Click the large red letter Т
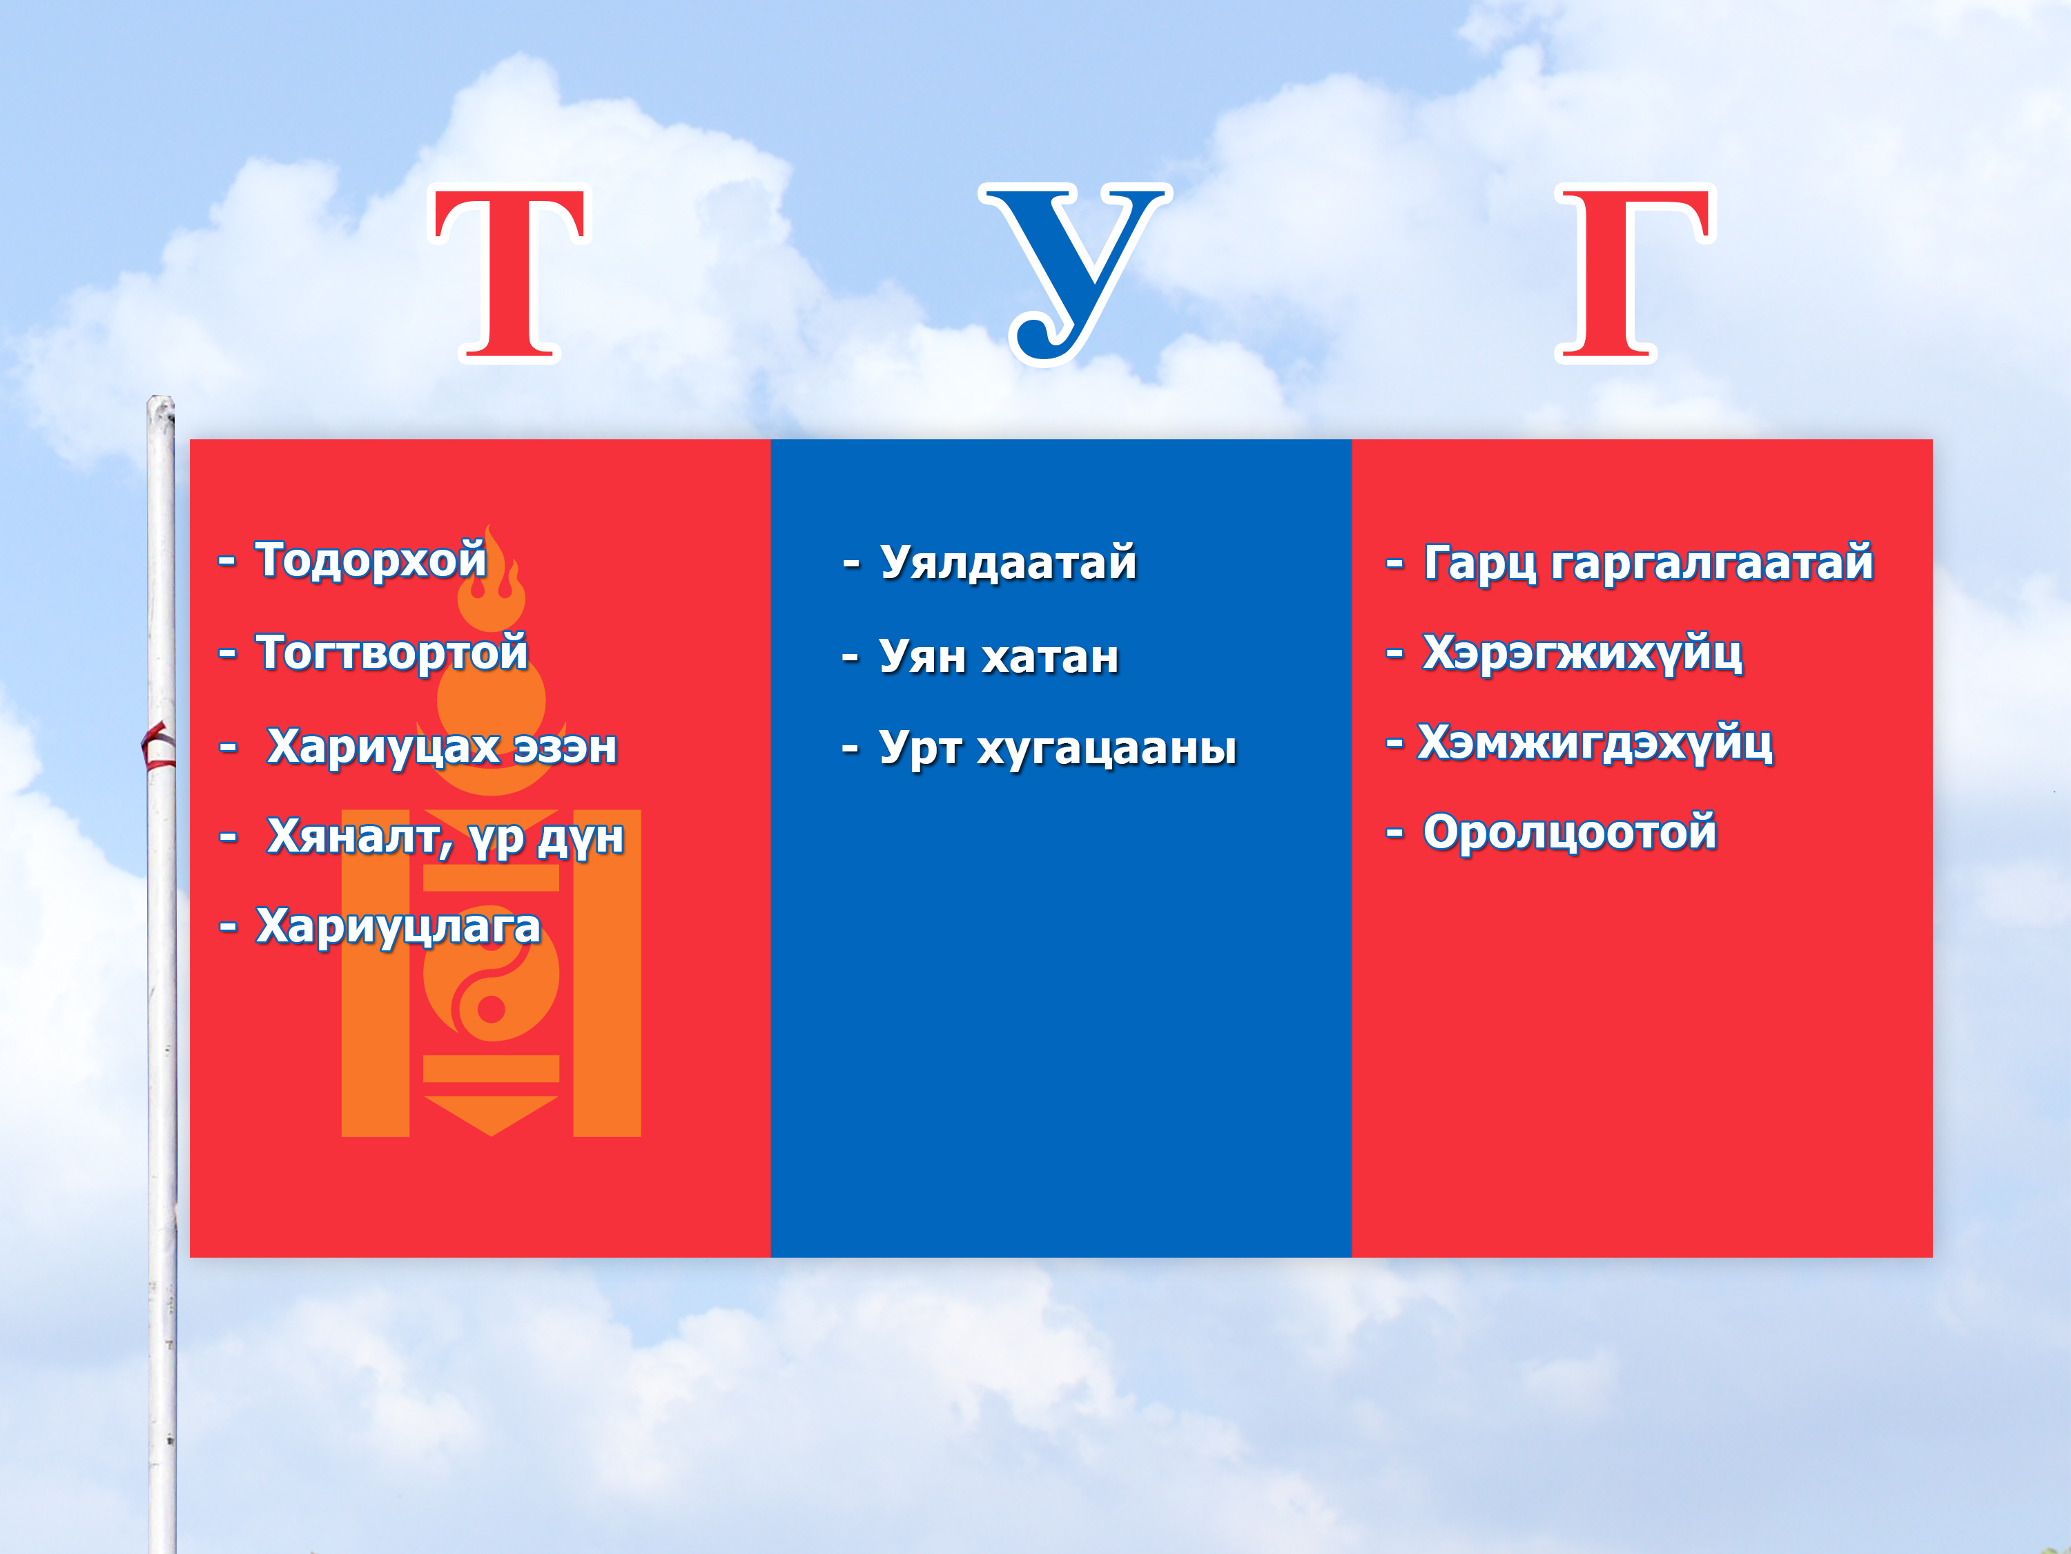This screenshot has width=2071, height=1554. pos(509,273)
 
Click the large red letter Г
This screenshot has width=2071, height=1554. pos(1634,273)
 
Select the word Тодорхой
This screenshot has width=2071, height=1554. pos(371,560)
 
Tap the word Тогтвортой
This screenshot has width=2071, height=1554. pos(392,652)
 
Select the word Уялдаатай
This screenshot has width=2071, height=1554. pos(1009,563)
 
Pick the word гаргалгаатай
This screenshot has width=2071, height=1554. pos(1713,563)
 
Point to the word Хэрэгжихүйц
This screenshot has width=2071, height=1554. pos(1582,653)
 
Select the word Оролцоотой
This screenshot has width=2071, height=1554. pos(1570,832)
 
